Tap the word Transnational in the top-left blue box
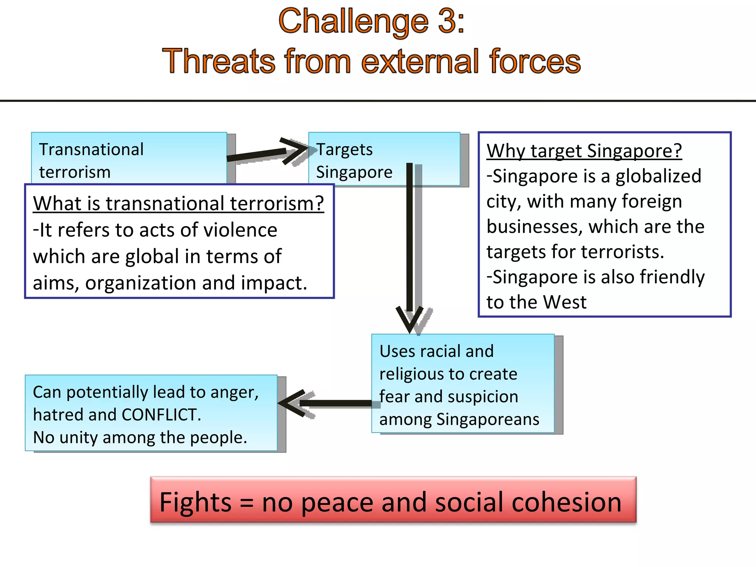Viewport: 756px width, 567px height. [x=91, y=150]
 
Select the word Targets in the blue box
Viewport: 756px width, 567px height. [x=345, y=150]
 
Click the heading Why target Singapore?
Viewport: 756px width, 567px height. [x=584, y=151]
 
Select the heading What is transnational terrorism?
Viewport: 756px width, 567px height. [x=178, y=203]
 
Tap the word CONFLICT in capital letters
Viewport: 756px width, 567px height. [x=161, y=415]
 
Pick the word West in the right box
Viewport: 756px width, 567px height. [x=565, y=302]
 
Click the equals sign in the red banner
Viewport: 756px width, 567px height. [x=246, y=503]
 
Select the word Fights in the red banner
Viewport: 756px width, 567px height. [x=195, y=502]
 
